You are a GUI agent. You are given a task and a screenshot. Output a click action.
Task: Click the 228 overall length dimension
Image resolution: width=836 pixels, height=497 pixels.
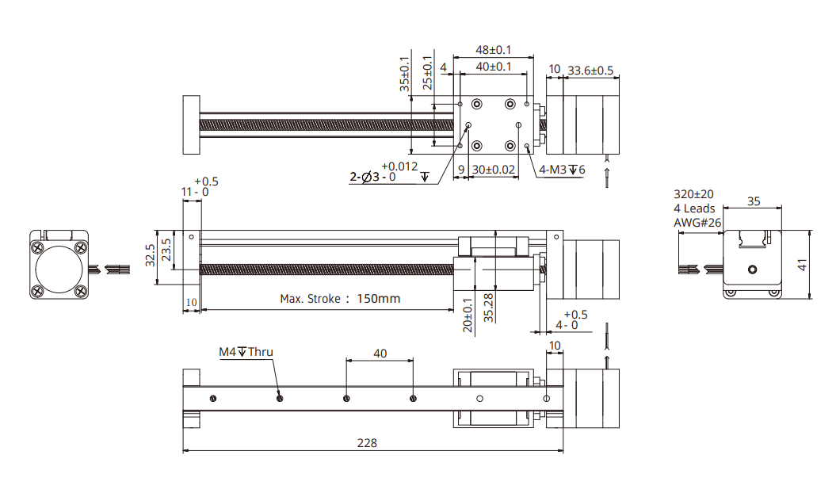tap(366, 443)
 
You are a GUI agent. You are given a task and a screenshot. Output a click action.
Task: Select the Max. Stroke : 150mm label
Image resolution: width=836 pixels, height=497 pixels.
tap(340, 299)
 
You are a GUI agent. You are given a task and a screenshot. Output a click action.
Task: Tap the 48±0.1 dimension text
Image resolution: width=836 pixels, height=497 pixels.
tap(493, 50)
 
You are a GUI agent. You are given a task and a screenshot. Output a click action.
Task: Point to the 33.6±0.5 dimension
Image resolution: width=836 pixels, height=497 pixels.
tap(590, 71)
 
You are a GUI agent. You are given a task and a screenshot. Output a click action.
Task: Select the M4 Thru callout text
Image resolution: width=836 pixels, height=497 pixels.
tap(246, 352)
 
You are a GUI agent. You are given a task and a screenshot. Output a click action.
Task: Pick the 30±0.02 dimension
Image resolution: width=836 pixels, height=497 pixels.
tap(494, 170)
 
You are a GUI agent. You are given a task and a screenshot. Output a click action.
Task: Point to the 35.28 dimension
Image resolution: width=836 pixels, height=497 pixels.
tap(489, 307)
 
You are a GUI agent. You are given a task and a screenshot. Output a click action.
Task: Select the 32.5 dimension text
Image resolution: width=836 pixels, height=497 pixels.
tap(150, 257)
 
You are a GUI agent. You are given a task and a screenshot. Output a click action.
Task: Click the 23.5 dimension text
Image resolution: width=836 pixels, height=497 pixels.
tap(166, 250)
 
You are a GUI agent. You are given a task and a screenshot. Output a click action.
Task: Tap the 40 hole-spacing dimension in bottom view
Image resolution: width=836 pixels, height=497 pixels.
tap(380, 354)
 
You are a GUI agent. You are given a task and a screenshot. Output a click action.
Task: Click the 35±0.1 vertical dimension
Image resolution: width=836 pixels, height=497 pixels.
tap(406, 74)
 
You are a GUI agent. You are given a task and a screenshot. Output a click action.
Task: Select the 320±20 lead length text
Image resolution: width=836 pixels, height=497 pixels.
tap(693, 194)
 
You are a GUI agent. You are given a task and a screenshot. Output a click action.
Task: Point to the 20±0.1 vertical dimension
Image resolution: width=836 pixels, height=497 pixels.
tap(468, 315)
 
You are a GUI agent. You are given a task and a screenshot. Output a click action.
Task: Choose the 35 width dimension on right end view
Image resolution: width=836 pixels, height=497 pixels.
tap(753, 201)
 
